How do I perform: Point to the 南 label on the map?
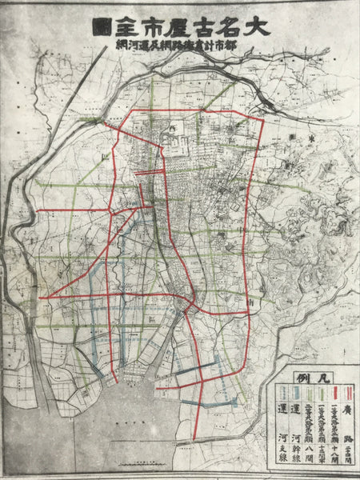tap(251, 304)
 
